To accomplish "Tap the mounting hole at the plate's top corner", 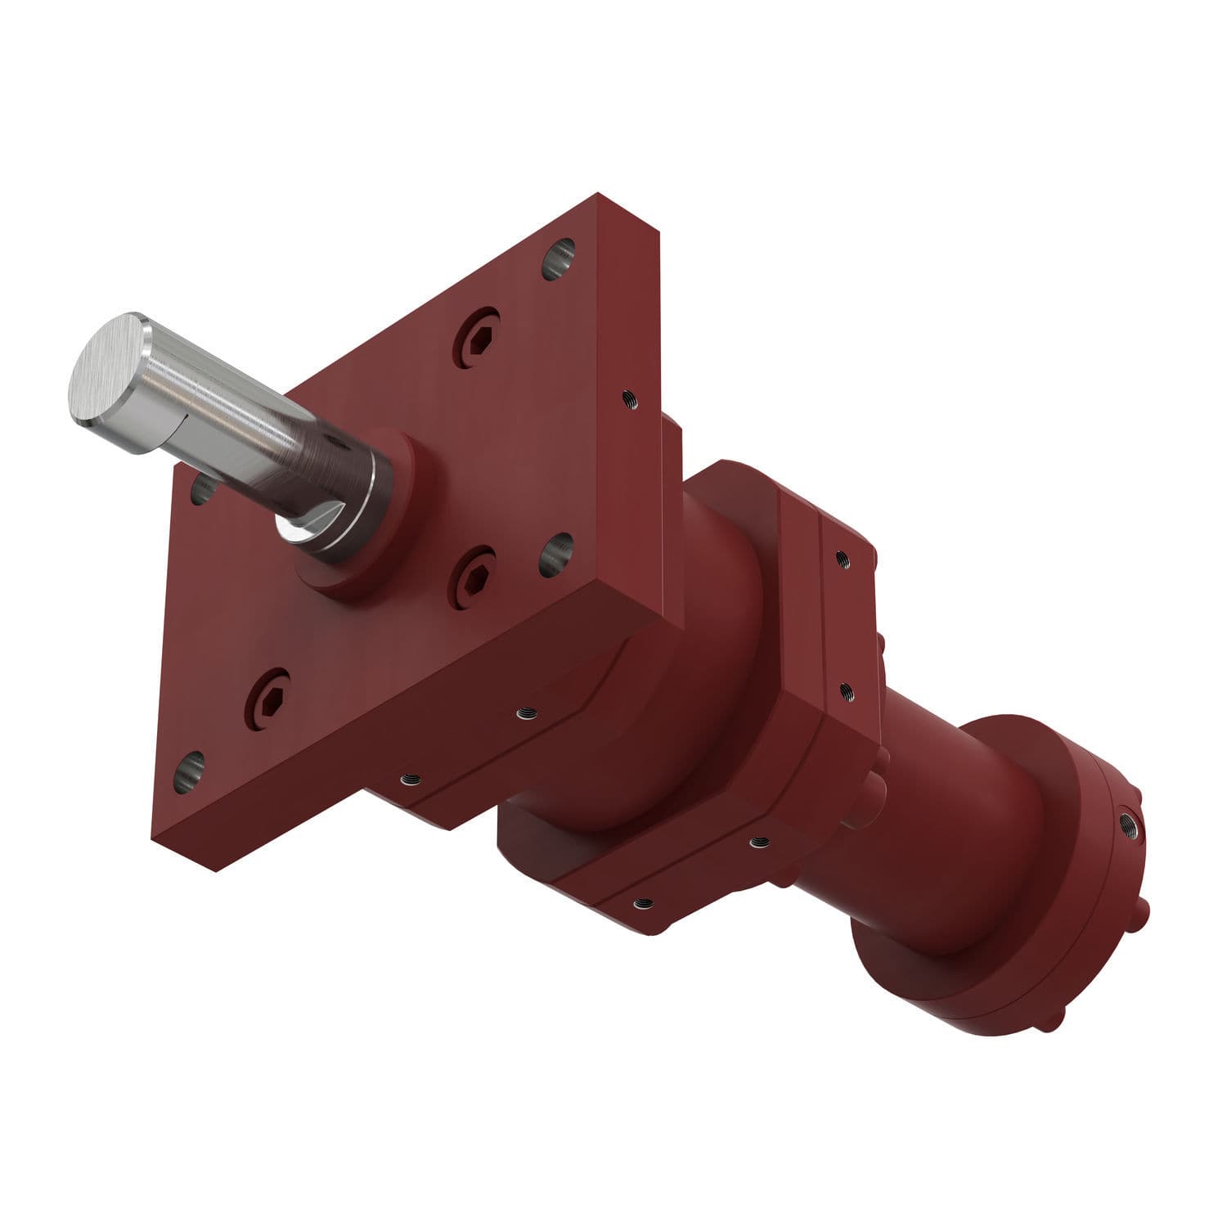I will pos(559,258).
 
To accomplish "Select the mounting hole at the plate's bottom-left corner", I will pos(189,772).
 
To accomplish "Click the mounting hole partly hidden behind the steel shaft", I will pos(201,490).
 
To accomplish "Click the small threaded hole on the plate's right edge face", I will pos(629,398).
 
